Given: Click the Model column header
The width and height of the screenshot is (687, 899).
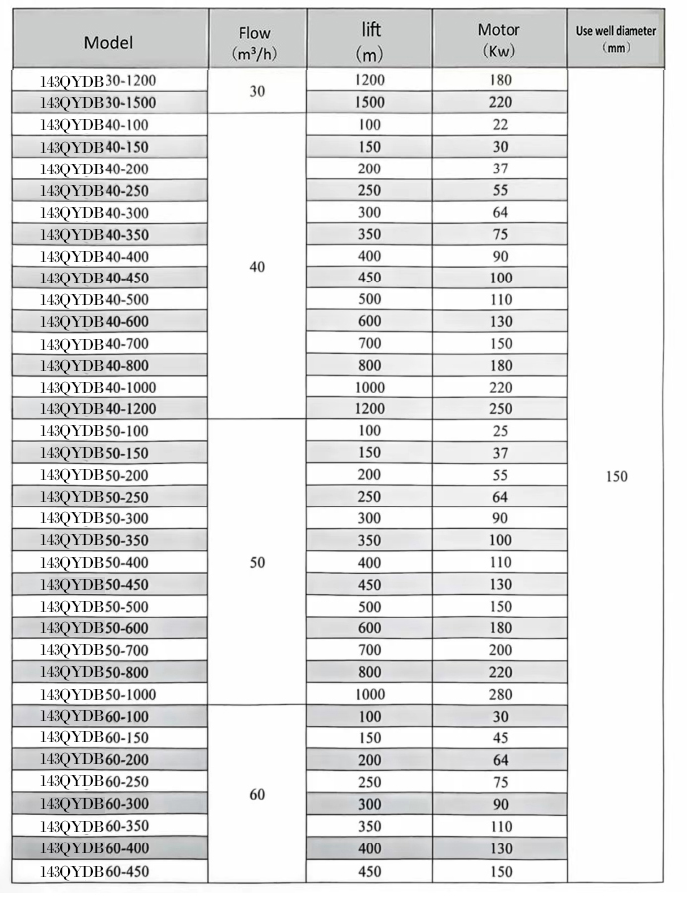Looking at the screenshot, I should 108,42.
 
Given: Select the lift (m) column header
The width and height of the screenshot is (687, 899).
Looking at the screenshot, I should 369,42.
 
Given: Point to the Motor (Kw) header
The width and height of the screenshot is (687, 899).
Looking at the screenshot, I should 501,42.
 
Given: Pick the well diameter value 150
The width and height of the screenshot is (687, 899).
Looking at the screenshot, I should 616,476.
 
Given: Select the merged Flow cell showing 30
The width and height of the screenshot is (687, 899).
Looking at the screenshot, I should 257,90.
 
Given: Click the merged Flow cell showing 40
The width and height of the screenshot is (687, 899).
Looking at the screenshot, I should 257,267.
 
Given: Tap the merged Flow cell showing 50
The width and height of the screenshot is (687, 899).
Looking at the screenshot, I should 257,562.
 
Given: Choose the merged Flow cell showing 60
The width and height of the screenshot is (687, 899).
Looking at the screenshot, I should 257,794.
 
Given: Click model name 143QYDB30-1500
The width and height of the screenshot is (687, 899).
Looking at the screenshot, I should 98,102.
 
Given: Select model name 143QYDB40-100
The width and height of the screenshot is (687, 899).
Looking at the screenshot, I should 94,124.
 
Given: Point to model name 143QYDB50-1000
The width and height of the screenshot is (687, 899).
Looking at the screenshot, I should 98,694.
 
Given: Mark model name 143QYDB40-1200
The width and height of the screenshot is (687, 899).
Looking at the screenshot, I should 98,408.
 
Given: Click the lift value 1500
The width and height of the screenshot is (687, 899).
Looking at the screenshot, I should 369,102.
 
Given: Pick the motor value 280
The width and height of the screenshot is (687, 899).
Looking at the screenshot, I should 501,694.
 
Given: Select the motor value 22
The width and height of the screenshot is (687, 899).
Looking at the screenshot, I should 501,124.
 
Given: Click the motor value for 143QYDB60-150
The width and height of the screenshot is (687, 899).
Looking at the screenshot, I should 501,738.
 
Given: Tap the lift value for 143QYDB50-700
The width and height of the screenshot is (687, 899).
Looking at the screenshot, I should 369,650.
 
